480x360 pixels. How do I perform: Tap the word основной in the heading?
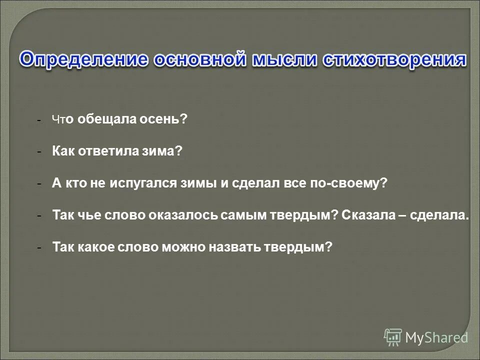click(x=200, y=59)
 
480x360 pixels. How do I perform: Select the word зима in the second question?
click(x=165, y=151)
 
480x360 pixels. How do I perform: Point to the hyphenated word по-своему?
click(x=354, y=183)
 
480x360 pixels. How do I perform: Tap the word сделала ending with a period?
click(x=440, y=215)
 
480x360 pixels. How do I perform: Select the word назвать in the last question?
click(x=230, y=247)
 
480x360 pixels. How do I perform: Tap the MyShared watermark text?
click(x=436, y=338)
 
